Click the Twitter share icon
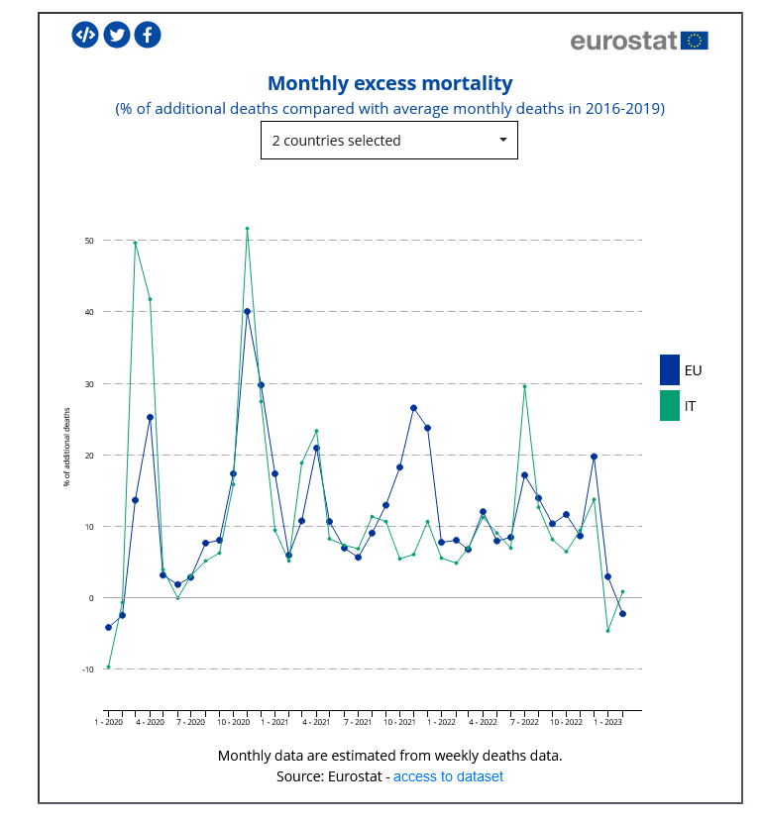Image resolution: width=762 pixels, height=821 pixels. coord(117,35)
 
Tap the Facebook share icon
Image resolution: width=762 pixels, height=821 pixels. coord(148,35)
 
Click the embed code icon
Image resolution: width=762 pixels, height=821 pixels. coord(86,35)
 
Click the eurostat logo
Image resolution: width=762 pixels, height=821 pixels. coord(639,41)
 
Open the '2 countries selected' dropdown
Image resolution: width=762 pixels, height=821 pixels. coord(388,141)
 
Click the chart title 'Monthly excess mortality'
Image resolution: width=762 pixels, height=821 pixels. coord(390,83)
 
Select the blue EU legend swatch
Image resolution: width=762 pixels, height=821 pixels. coord(670,369)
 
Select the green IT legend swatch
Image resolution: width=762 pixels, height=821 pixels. coord(670,405)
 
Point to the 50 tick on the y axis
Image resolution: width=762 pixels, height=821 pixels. coord(89,241)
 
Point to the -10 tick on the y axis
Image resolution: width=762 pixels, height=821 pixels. coord(87,669)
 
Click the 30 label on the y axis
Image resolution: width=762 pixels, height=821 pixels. coord(89,384)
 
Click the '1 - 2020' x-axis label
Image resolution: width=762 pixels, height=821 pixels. coord(108,722)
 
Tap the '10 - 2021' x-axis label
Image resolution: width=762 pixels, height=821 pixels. coord(399,722)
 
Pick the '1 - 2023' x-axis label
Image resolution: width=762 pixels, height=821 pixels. coord(608,722)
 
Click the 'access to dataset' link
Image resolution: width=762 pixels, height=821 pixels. coord(448,776)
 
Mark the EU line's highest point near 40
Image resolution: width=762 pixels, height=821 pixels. coord(247,312)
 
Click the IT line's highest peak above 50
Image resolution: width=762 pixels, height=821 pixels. coord(247,229)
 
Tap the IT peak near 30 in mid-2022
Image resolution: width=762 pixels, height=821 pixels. coord(524,386)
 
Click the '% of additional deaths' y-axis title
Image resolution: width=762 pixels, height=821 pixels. coord(67,447)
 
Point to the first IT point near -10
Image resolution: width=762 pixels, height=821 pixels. coord(108,667)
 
